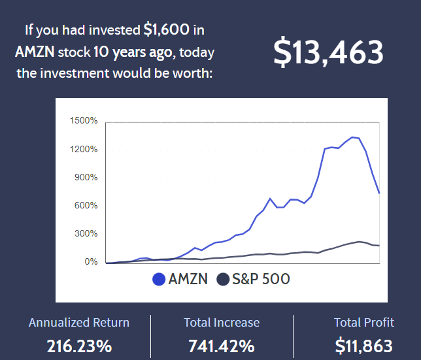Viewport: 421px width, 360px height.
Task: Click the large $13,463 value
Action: point(328,52)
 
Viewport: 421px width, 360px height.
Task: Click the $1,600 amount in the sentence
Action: point(167,29)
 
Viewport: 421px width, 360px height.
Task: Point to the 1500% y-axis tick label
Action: point(83,121)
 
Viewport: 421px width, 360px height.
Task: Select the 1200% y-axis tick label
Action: point(83,149)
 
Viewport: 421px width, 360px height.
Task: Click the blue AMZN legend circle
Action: point(158,280)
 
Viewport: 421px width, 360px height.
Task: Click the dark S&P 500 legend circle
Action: point(224,280)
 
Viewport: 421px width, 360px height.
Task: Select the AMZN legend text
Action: point(188,280)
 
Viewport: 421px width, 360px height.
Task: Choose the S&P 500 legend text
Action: point(262,280)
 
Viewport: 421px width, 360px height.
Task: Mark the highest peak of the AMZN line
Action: point(352,137)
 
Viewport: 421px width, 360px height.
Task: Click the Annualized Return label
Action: point(79,323)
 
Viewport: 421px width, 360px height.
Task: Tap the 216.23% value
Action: point(79,346)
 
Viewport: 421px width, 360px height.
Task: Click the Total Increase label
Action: point(221,323)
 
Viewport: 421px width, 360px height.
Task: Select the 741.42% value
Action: point(221,346)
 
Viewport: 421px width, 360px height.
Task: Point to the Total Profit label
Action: point(364,323)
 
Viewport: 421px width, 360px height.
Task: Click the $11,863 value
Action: point(364,346)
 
